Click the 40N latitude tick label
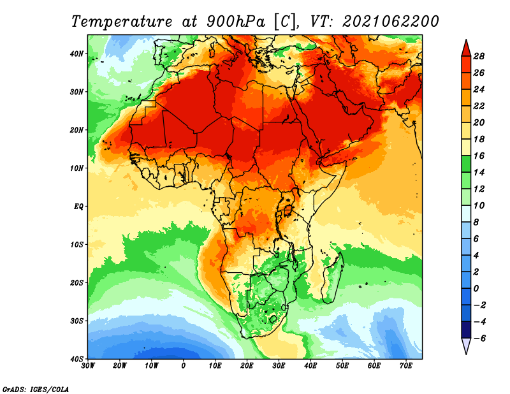click(76, 54)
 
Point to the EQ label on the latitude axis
click(78, 207)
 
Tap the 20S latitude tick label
click(76, 282)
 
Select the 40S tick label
click(76, 359)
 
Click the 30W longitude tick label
click(88, 366)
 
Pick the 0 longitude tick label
click(184, 366)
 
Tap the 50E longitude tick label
click(342, 366)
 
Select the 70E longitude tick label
click(406, 366)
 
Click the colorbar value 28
click(479, 56)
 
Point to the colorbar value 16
click(479, 156)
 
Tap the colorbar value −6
click(479, 339)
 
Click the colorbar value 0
click(476, 289)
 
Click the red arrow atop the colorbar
click(466, 48)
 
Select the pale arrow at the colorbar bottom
click(466, 346)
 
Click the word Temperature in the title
click(122, 22)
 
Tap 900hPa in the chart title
click(236, 22)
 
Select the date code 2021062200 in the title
click(391, 22)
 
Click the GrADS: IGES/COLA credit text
click(36, 389)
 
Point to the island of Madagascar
click(333, 278)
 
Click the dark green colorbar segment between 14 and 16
click(466, 164)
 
